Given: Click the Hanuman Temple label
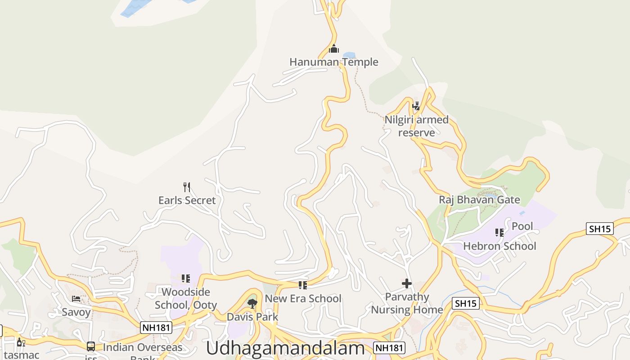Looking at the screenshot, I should (333, 62).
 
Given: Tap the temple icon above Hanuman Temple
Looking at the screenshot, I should (334, 49).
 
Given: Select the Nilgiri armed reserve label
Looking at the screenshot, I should (417, 126).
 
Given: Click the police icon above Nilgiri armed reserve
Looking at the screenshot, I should (416, 106).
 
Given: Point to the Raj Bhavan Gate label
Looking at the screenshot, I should (479, 200).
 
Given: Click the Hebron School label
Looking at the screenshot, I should (499, 246).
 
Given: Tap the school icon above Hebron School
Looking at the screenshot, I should (499, 233).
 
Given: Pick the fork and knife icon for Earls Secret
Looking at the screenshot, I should (187, 187).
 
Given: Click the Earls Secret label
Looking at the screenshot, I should (187, 200).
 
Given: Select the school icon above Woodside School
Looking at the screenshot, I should (185, 279).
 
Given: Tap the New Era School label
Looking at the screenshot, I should (303, 299).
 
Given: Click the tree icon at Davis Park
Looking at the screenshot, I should (252, 304).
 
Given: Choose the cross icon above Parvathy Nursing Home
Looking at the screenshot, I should (407, 283).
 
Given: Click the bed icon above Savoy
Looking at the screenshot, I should (76, 299).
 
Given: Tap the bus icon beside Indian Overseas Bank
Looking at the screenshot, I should (91, 346).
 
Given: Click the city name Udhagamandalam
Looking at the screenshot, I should (285, 349).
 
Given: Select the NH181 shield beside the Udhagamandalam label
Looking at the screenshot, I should (389, 347).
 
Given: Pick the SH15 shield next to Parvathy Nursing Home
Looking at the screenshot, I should (465, 303).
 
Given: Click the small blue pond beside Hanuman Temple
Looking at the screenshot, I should (349, 55).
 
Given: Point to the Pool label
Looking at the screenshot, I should (522, 226).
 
